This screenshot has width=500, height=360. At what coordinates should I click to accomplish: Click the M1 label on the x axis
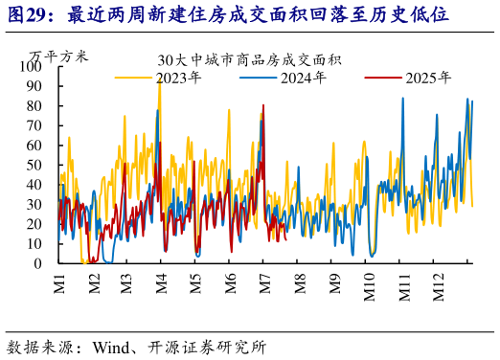(59, 284)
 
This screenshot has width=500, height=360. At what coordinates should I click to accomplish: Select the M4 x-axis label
(162, 284)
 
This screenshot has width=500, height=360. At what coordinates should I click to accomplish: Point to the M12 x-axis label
(438, 287)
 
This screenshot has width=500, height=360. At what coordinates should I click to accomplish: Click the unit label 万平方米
(58, 56)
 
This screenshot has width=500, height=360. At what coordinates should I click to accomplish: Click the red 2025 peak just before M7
(263, 105)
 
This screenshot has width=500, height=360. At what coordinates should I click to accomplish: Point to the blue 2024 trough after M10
(372, 255)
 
